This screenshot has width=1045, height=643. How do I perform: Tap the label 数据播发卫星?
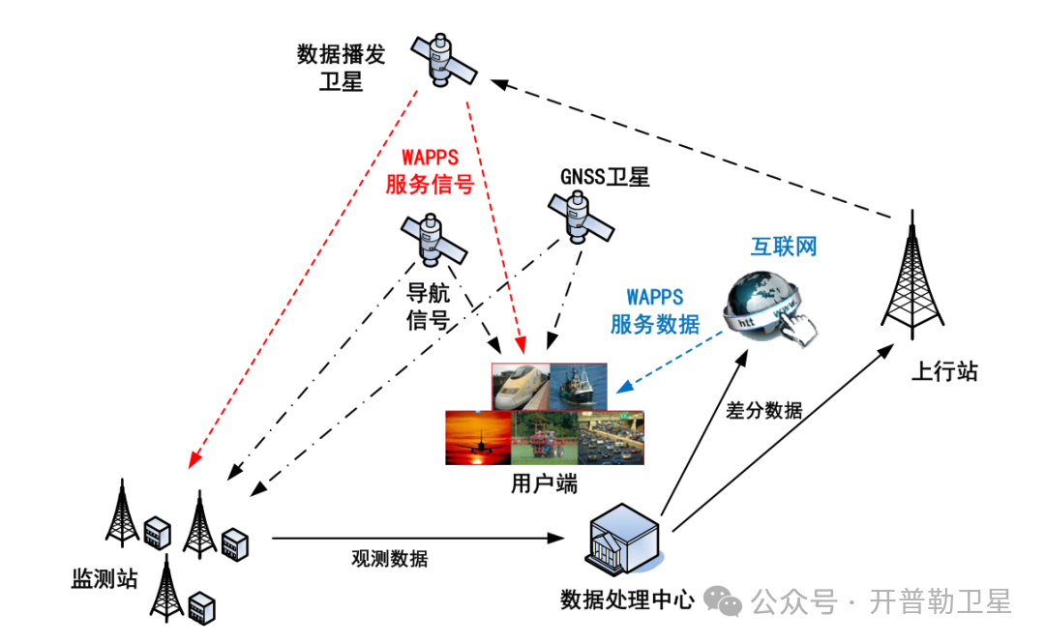coord(341,68)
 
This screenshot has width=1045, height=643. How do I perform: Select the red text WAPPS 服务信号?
coord(430,171)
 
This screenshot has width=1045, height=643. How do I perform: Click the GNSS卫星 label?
coord(605,177)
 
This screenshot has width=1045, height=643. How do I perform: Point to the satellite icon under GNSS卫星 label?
coord(581,219)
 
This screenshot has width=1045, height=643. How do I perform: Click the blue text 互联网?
coord(784,247)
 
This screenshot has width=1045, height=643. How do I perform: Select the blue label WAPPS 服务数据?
coord(655,310)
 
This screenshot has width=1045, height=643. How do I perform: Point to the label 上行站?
coord(944,371)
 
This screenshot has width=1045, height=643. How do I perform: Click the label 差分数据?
coord(764,410)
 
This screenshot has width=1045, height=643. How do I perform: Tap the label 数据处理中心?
coord(627,600)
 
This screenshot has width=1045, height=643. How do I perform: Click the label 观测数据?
coord(389,559)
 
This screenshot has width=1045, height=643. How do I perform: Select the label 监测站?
coord(104,579)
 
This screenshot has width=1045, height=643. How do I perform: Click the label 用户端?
coord(544,483)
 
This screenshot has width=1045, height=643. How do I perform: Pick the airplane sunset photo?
coord(478,437)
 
